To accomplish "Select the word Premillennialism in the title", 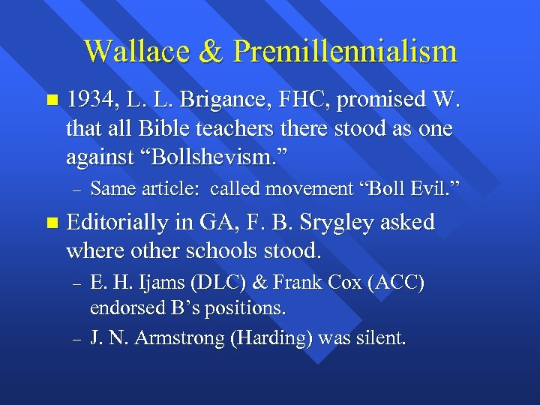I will (344, 51).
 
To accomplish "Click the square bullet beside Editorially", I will (50, 223).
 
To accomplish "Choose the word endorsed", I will (124, 308).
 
